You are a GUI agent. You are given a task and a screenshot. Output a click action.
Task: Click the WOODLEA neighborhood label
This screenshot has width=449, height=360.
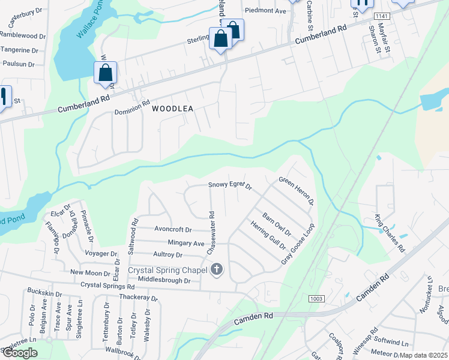click(x=172, y=109)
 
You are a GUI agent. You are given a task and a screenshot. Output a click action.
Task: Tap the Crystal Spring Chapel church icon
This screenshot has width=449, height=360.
click(x=217, y=270)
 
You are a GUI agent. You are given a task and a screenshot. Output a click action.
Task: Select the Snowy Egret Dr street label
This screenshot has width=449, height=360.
click(x=231, y=185)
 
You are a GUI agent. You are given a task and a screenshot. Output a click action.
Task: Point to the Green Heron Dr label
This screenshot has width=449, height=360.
click(x=297, y=191)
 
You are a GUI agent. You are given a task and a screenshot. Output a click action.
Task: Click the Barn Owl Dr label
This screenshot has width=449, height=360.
click(x=276, y=224)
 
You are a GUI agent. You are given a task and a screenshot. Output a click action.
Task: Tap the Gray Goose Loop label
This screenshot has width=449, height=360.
click(x=298, y=245)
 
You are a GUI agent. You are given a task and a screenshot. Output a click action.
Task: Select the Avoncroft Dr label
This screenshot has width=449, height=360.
click(x=172, y=230)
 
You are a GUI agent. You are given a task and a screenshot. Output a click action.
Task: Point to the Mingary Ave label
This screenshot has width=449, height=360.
click(x=187, y=244)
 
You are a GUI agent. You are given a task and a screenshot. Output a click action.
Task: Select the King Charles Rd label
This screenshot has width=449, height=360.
click(x=390, y=233)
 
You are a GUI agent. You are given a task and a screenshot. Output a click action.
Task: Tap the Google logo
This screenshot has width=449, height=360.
click(x=20, y=353)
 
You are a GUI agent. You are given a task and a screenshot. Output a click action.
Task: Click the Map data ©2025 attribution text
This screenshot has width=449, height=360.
click(x=423, y=355)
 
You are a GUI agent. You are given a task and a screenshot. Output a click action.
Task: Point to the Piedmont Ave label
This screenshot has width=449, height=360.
click(x=265, y=11)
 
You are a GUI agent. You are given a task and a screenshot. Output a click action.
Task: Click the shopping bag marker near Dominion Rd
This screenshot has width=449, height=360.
click(x=106, y=74)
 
